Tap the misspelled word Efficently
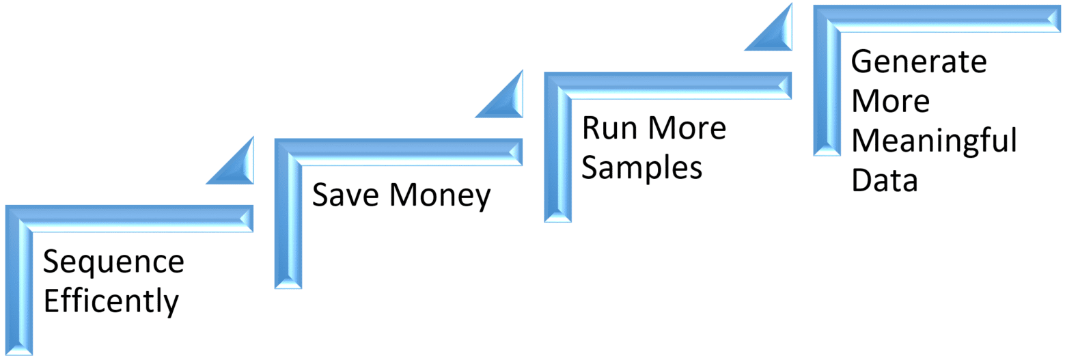pos(111,302)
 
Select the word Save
pos(345,196)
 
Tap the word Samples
pos(641,167)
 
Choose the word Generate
pos(919,62)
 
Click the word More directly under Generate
pos(890,102)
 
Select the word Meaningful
pos(934,142)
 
